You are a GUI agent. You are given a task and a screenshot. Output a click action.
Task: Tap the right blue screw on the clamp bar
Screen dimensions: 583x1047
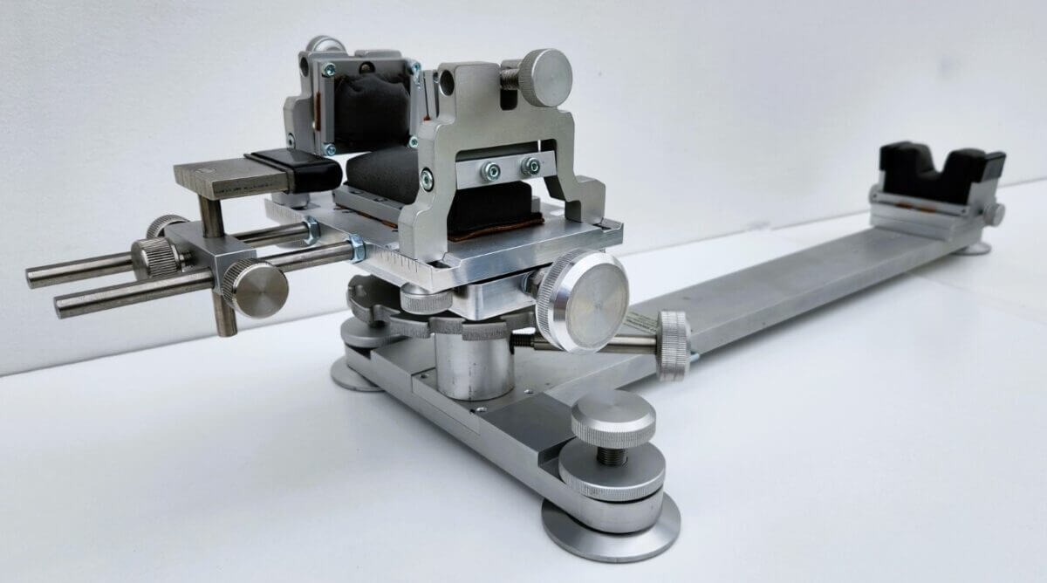[x=530, y=165]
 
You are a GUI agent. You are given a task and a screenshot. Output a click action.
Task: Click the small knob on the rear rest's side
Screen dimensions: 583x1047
[x=996, y=213]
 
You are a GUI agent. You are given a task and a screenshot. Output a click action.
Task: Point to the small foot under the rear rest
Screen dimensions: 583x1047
[x=975, y=248]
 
